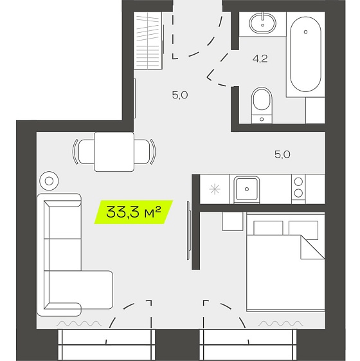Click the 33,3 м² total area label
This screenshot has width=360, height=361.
134,212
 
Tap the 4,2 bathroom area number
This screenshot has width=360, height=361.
260,59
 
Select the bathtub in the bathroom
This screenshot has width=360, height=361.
305,54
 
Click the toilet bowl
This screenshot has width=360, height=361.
262,105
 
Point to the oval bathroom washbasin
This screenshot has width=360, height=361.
262,23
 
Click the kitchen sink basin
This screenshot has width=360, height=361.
247,189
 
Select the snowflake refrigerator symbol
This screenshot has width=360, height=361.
214,189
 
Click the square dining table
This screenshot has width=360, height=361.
114,152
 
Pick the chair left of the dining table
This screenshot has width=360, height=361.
84,152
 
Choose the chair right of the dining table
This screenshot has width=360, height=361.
145,152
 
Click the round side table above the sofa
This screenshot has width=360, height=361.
49,181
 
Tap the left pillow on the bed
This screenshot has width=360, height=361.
268,228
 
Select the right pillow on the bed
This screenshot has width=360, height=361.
303,229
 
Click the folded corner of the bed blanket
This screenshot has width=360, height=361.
312,247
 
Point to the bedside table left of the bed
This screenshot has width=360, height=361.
233,221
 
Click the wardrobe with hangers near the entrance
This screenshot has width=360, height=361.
148,41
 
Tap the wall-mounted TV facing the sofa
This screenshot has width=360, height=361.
188,230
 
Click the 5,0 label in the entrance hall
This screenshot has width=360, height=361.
180,95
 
